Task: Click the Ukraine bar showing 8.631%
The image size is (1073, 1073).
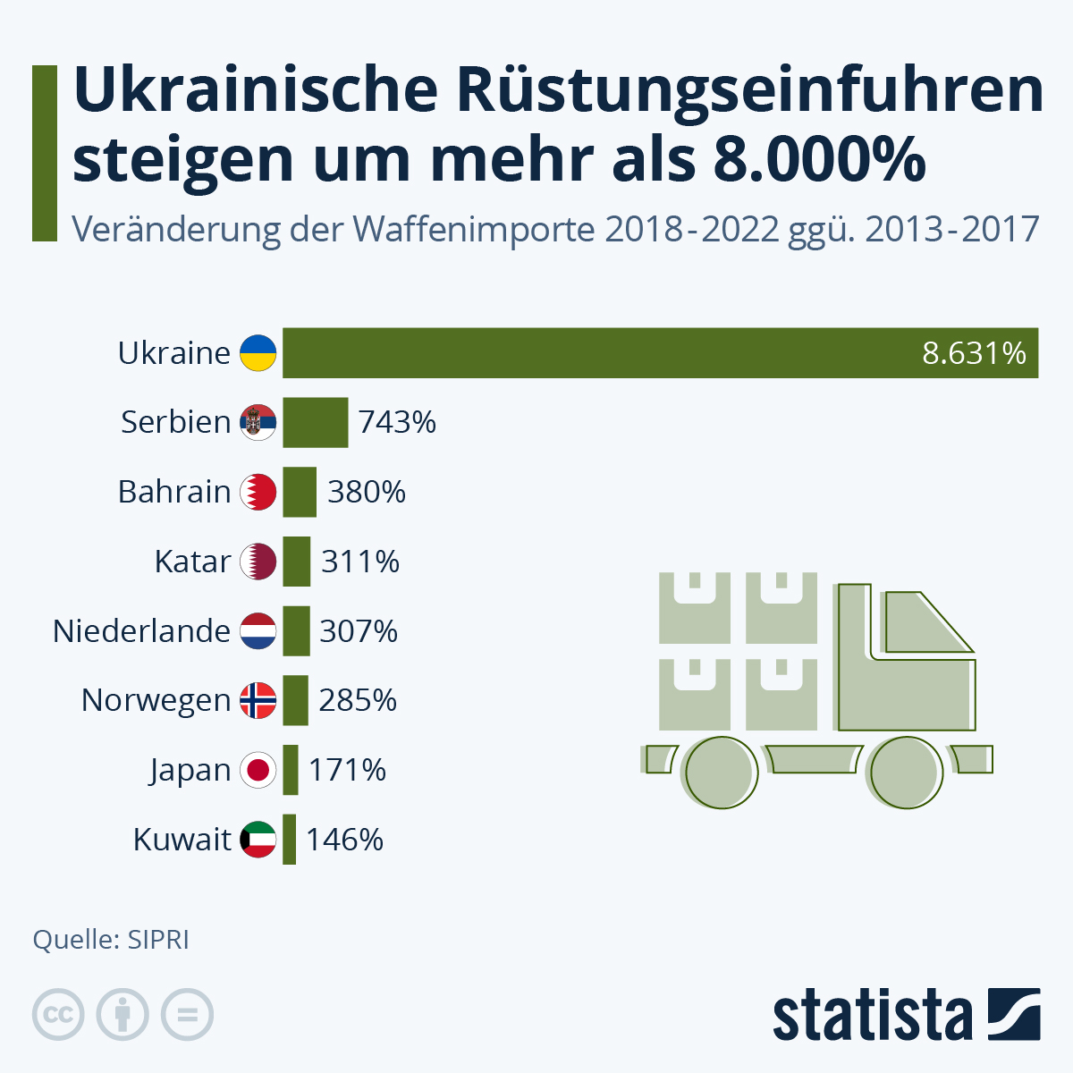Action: [x=660, y=353]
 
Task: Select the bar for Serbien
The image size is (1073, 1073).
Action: [x=315, y=422]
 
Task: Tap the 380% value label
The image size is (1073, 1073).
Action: [x=367, y=492]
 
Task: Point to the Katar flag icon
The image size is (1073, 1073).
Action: [x=258, y=562]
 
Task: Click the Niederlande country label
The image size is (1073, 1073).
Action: [x=142, y=631]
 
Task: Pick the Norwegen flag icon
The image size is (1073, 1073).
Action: [x=258, y=701]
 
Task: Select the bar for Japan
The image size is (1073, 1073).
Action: [x=290, y=770]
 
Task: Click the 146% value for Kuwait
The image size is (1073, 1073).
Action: [x=344, y=840]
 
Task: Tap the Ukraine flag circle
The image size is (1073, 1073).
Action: [x=258, y=353]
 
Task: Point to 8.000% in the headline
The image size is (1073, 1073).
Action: [x=819, y=159]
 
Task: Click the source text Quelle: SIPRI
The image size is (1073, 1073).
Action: [x=111, y=940]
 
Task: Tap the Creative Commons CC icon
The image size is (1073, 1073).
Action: [x=58, y=1015]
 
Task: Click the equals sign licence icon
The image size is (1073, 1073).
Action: [x=187, y=1015]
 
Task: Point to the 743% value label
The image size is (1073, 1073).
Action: [x=397, y=422]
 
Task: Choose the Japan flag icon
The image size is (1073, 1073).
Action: [x=258, y=770]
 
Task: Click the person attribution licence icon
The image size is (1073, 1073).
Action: [x=123, y=1015]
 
